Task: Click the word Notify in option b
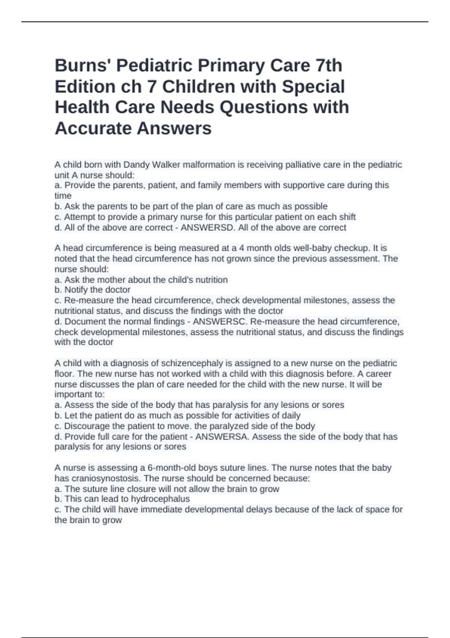point(76,290)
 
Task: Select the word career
point(378,374)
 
